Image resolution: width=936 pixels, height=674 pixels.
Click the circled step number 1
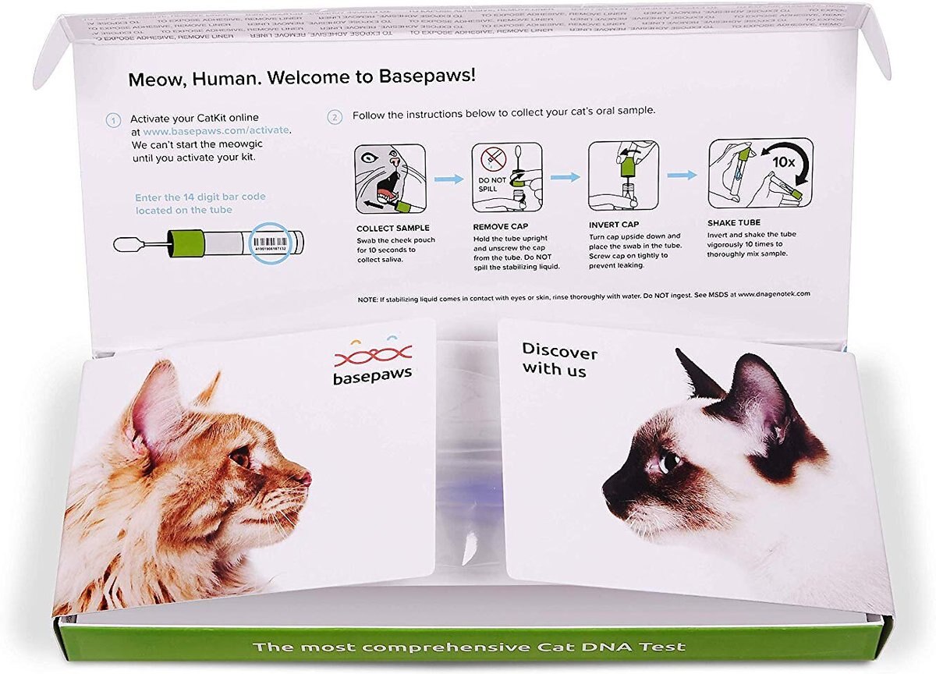[x=114, y=120]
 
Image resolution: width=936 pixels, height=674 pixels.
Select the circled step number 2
[x=335, y=117]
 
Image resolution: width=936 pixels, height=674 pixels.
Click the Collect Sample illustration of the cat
[x=390, y=179]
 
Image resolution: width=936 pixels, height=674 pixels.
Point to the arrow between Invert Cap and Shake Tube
[x=682, y=176]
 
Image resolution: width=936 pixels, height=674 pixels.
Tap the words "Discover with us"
[x=558, y=360]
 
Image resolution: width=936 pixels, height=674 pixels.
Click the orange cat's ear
[x=157, y=406]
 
